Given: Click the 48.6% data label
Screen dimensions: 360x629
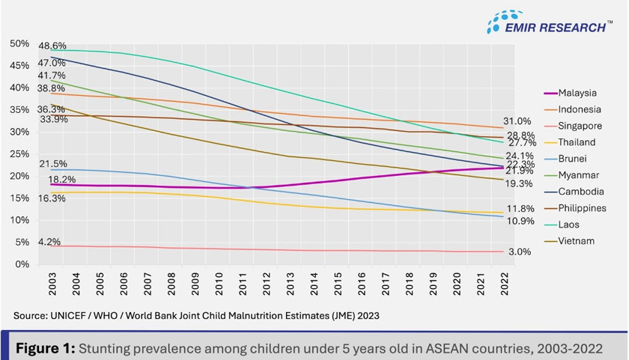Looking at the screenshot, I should [x=52, y=46].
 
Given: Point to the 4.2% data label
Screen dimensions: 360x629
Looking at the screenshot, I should [x=49, y=242].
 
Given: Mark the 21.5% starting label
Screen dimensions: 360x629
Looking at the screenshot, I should [x=52, y=164].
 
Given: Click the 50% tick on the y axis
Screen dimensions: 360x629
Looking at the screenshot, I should [x=19, y=44].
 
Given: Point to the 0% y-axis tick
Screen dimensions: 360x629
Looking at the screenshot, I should [x=22, y=264].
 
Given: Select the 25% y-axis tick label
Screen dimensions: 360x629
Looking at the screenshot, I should [x=19, y=154].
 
